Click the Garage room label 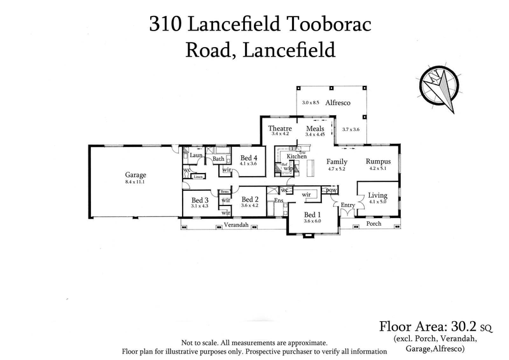click(x=136, y=175)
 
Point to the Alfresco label click(x=335, y=102)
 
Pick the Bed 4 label click(x=249, y=158)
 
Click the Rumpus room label click(x=378, y=162)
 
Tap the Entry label click(x=347, y=204)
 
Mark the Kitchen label click(x=296, y=156)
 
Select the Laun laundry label click(x=196, y=155)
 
